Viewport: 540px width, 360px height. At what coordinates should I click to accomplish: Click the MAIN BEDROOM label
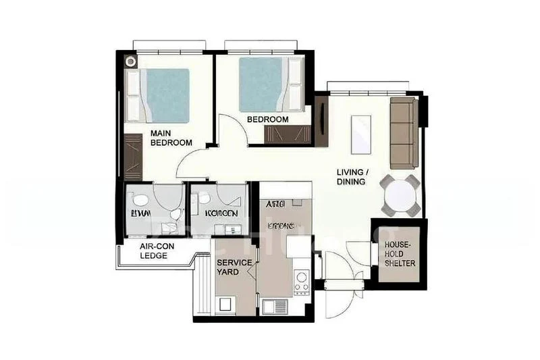pos(171,138)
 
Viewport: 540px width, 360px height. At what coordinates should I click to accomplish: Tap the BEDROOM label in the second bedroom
pos(267,120)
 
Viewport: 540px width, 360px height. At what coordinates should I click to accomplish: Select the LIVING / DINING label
pos(351,177)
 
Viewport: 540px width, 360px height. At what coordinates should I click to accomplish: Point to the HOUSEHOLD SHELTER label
pos(400,253)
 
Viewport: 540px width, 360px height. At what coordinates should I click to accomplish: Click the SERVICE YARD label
pos(234,266)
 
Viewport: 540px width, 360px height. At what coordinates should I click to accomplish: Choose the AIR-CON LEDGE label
pos(157,251)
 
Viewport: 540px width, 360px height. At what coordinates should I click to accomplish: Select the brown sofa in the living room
pos(404,133)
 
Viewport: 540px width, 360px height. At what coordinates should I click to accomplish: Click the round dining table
pos(400,195)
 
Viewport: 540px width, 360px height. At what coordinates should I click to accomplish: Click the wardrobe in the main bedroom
pos(131,156)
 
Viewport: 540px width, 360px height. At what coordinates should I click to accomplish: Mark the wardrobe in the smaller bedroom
pos(286,134)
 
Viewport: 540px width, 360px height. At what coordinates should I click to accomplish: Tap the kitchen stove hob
pos(301,281)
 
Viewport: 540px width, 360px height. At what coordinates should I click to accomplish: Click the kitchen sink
pos(275,306)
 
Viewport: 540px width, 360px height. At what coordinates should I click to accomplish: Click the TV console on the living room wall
pos(321,122)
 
